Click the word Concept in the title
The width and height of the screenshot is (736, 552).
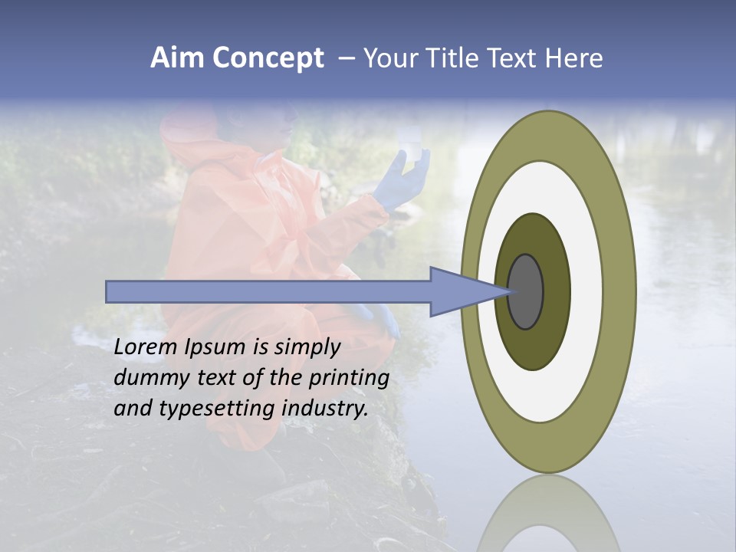[x=267, y=58]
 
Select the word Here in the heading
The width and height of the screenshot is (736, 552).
[x=574, y=58]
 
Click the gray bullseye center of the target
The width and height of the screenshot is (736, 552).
[x=526, y=291]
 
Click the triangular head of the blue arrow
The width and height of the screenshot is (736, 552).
[x=460, y=291]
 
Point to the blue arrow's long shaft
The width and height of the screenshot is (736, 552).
[x=268, y=291]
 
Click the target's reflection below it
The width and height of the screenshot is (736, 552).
[x=547, y=517]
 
